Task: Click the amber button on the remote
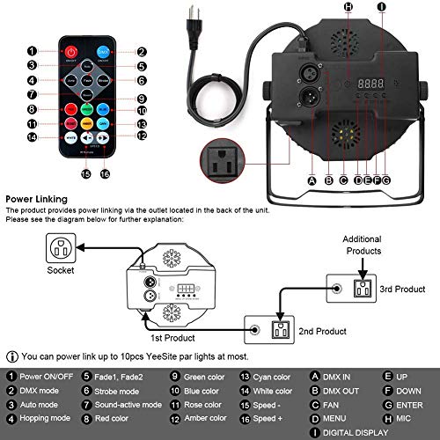pyautogui.click(x=105, y=124)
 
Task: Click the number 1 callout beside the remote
pyautogui.click(x=32, y=52)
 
